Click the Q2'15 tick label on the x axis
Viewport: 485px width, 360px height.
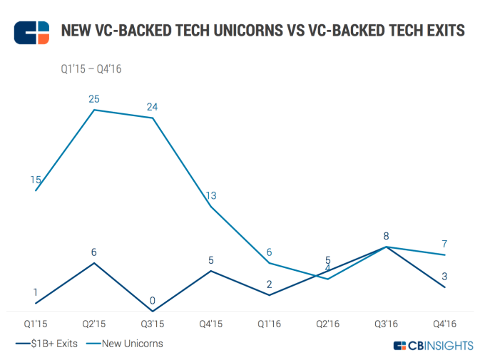click(94, 324)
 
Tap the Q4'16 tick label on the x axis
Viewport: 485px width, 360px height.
click(445, 324)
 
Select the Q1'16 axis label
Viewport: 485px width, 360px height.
click(270, 324)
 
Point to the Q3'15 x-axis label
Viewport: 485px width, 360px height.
click(153, 324)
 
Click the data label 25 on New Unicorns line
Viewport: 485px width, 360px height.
click(94, 98)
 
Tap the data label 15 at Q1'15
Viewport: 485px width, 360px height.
click(36, 180)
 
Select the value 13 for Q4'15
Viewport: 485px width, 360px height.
click(210, 195)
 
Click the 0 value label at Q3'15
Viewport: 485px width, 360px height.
click(153, 300)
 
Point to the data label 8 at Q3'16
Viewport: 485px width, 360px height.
click(387, 235)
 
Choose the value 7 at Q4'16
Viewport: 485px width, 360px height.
click(444, 244)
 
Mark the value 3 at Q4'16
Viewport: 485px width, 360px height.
click(444, 276)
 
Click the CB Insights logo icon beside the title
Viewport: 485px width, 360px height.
click(31, 32)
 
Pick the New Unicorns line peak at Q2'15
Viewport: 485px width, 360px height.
click(94, 110)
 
